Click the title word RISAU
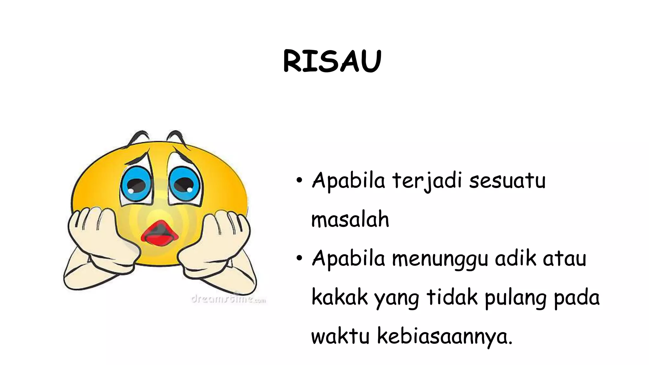tap(332, 61)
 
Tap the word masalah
tap(350, 219)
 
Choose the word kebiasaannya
tap(444, 336)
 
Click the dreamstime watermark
tap(228, 298)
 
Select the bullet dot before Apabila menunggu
tap(299, 259)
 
